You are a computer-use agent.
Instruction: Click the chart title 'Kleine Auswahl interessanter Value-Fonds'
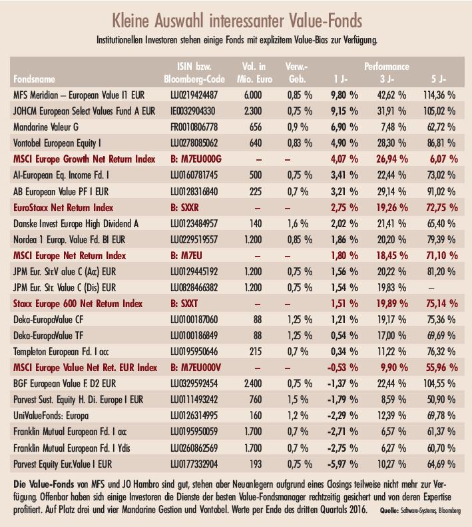click(x=237, y=21)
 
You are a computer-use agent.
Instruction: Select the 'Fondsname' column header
click(x=34, y=79)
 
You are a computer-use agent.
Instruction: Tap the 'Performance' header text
click(x=387, y=66)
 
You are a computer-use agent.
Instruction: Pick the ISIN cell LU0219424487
click(x=194, y=95)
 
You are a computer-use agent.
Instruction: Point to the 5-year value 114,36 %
click(x=439, y=95)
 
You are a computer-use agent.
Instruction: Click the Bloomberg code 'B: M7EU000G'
click(x=196, y=159)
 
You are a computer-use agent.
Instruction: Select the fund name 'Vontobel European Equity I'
click(x=57, y=143)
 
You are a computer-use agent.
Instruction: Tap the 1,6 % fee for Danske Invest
click(x=298, y=223)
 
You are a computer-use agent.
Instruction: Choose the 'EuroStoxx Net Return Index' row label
click(x=63, y=208)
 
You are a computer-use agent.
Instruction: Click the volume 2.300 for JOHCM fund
click(x=252, y=111)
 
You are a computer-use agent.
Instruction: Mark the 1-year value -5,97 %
click(x=342, y=464)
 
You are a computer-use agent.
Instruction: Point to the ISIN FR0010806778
click(x=194, y=127)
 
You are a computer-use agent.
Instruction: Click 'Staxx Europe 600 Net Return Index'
click(x=78, y=304)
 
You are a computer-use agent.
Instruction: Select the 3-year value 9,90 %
click(x=394, y=368)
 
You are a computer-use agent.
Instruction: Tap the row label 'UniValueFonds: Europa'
click(x=51, y=416)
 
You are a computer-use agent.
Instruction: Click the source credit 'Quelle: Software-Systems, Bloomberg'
click(x=420, y=510)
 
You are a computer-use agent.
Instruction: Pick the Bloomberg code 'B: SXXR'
click(x=184, y=208)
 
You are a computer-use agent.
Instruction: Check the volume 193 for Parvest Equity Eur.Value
click(x=256, y=464)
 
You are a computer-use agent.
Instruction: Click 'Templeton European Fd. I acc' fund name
click(x=61, y=352)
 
